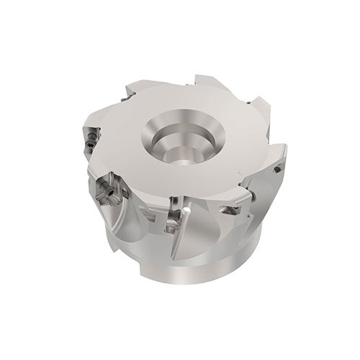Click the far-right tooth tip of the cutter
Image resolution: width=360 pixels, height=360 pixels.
coord(284,151)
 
